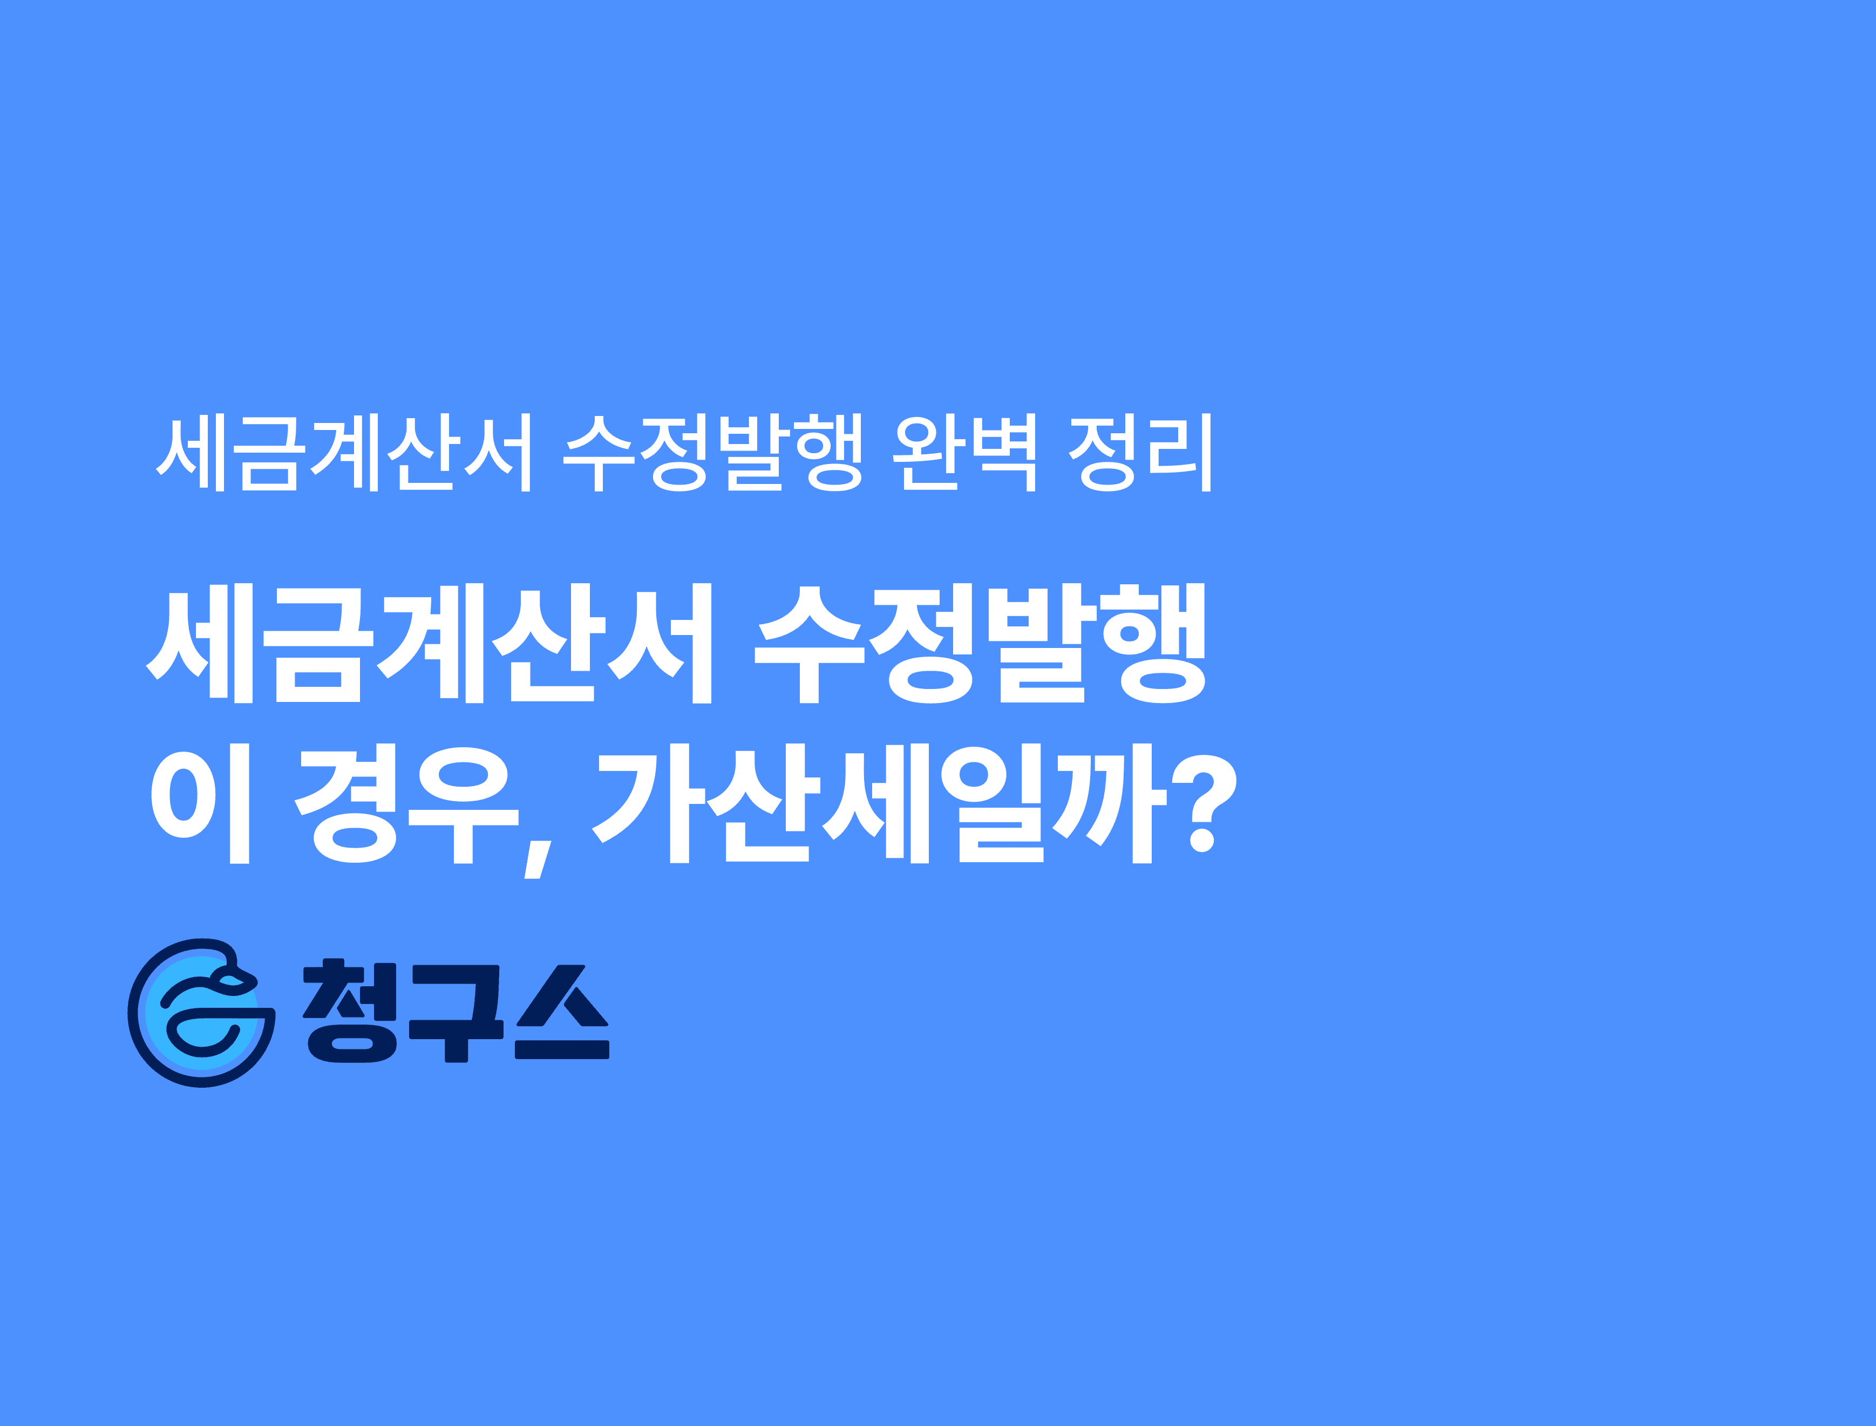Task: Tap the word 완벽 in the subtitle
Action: pos(965,453)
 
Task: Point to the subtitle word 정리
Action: pos(1140,453)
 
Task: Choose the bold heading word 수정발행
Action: pos(981,643)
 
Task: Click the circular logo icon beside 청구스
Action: pos(201,1013)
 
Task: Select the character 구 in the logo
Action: pos(457,1011)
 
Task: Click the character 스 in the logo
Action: pos(562,1011)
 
